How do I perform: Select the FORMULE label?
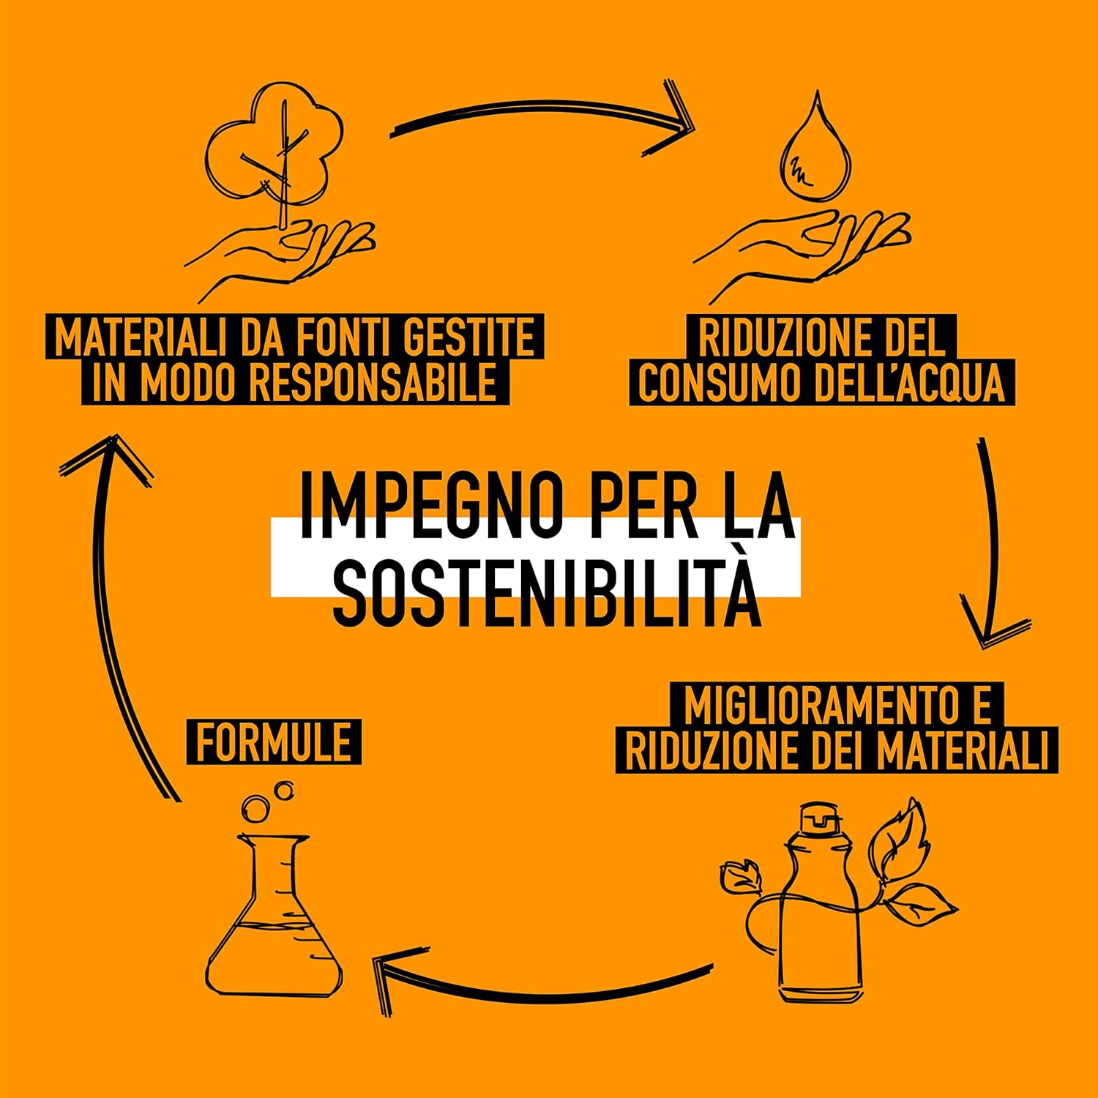(x=274, y=742)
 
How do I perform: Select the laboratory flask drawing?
(x=275, y=922)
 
